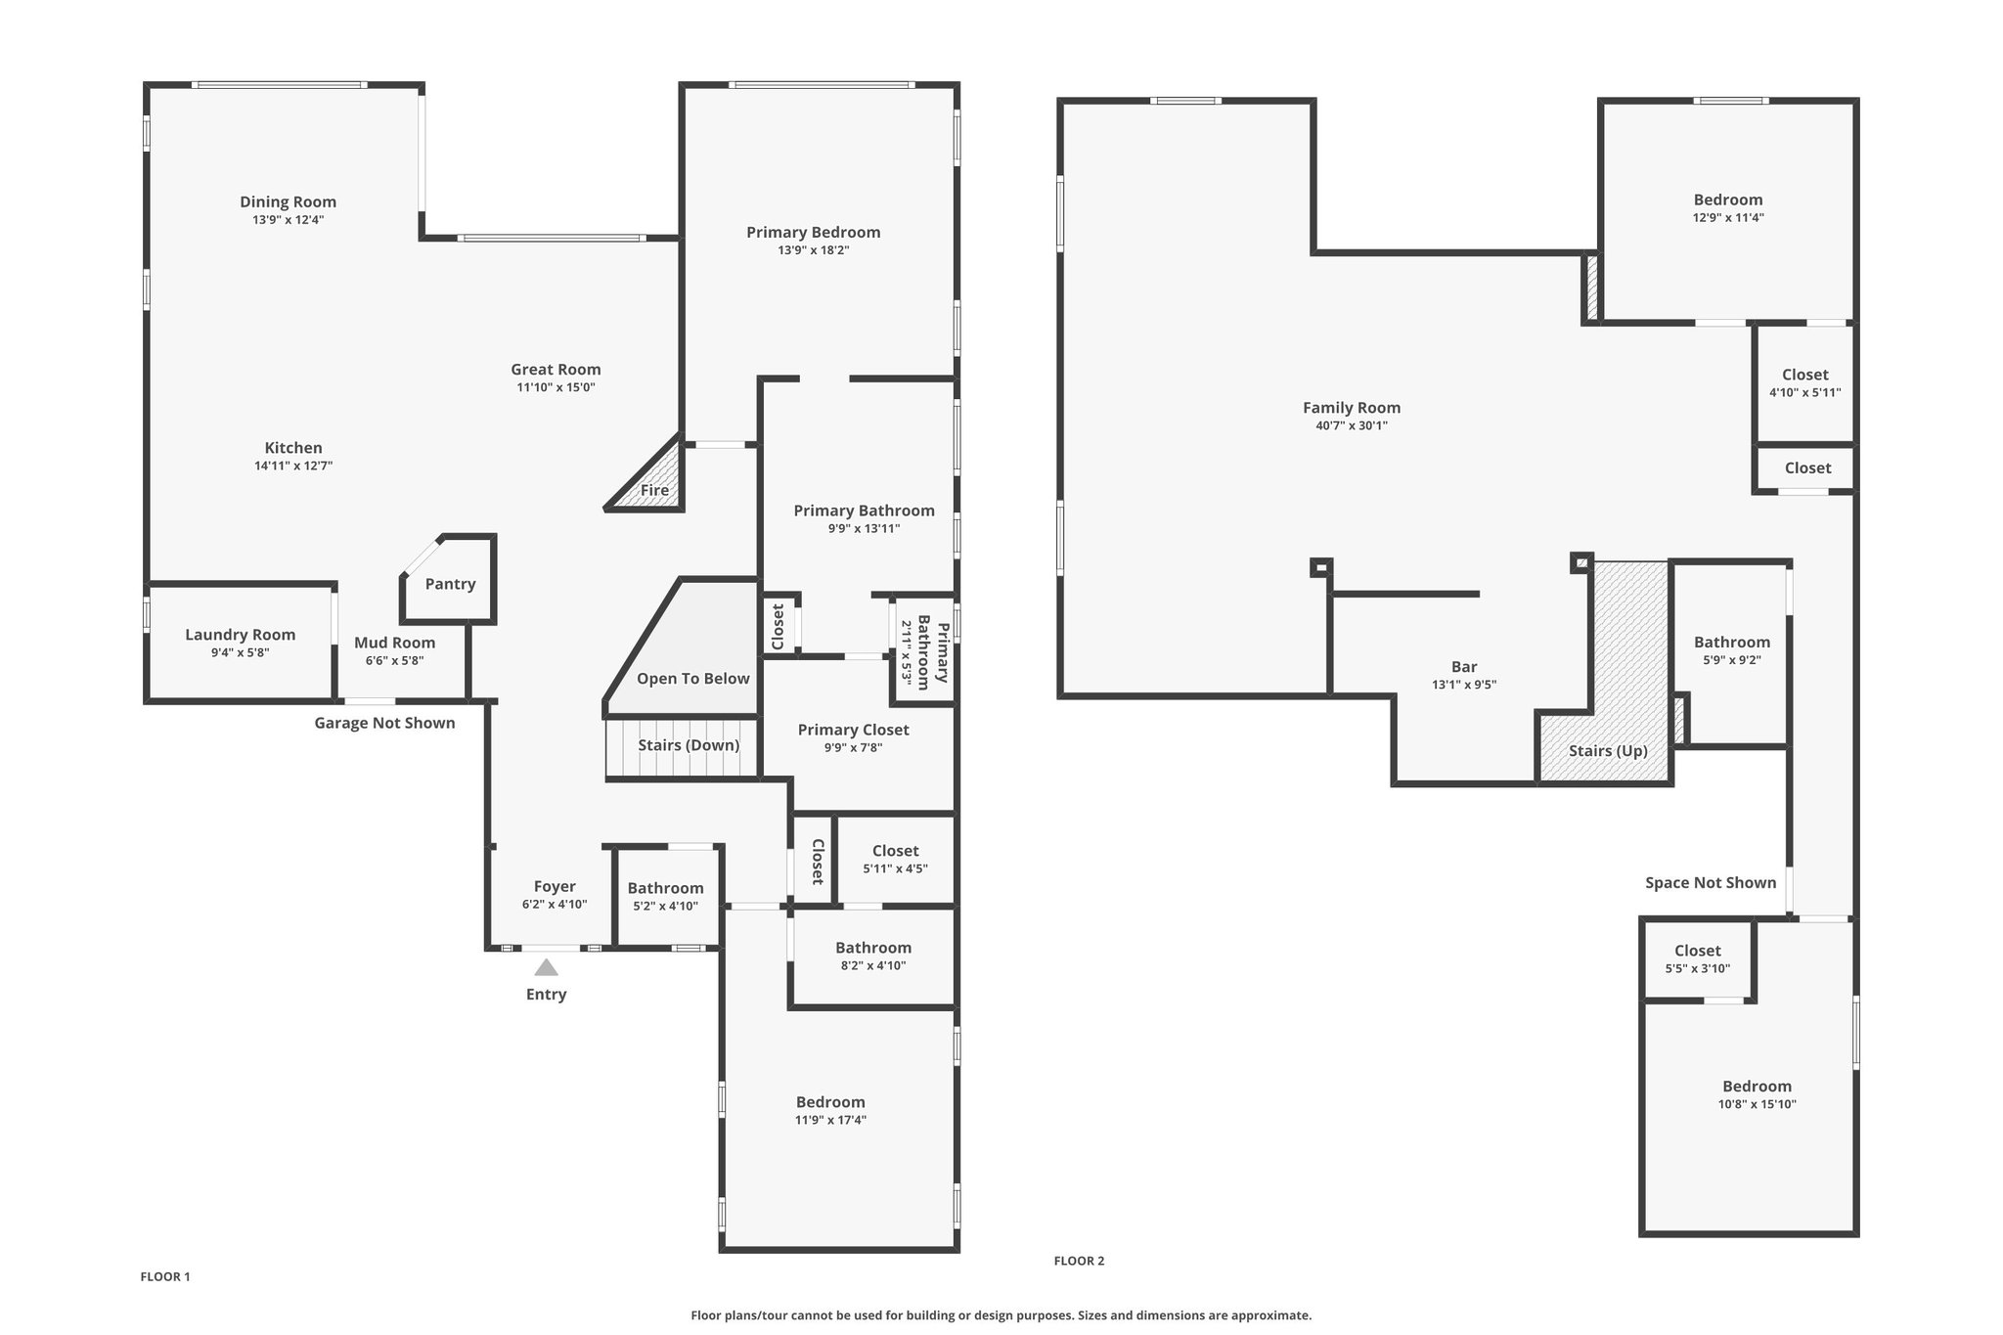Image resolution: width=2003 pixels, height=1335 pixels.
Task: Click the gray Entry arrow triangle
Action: [x=546, y=967]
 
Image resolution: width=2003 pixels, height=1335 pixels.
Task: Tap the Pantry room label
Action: [x=450, y=584]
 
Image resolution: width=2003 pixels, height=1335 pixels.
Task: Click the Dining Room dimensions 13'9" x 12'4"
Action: [x=288, y=220]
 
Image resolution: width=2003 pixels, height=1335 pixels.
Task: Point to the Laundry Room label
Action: [x=240, y=635]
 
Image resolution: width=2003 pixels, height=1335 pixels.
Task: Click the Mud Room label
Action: [x=394, y=643]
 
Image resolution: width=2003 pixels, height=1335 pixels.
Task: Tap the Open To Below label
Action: [x=692, y=679]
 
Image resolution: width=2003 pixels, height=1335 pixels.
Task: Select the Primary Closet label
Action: [x=853, y=730]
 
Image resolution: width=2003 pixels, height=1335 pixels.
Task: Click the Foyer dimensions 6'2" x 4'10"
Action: [x=555, y=905]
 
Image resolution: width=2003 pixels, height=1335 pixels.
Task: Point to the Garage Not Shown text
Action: [x=384, y=723]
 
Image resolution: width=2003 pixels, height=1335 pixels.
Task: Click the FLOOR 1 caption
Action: [x=165, y=1276]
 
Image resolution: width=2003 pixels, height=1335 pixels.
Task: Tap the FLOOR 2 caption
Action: [x=1079, y=1261]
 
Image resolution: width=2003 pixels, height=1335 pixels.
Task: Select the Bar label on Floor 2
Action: [x=1464, y=667]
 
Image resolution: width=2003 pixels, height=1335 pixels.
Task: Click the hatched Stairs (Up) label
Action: [x=1608, y=751]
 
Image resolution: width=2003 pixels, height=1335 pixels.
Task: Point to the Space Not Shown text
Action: [x=1710, y=882]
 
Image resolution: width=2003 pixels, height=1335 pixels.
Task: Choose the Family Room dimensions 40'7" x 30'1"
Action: [x=1352, y=425]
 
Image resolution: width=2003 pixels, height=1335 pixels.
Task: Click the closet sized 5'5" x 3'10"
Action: [x=1698, y=959]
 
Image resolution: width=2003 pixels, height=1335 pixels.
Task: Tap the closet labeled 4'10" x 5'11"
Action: [x=1804, y=383]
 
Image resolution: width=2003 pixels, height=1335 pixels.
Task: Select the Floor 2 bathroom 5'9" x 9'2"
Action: [x=1732, y=651]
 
